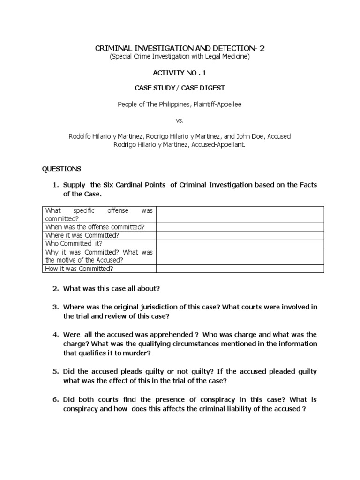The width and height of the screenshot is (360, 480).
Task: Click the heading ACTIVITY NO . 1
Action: point(180,73)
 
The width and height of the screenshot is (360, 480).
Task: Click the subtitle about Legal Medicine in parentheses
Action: point(180,57)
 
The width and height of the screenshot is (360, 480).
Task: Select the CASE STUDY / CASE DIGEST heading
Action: point(180,88)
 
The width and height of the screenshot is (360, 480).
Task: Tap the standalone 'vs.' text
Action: point(180,120)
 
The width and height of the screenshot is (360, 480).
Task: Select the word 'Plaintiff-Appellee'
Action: point(219,104)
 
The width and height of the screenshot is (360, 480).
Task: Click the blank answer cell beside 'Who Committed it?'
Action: point(240,244)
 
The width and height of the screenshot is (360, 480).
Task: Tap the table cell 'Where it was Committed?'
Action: point(82,235)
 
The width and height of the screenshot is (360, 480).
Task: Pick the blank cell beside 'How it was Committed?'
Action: point(240,269)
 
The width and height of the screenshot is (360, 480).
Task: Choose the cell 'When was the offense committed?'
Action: point(95,227)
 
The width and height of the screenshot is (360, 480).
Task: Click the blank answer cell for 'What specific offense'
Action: point(240,214)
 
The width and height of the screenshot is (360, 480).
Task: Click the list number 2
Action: point(55,288)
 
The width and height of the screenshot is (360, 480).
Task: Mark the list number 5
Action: point(55,371)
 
